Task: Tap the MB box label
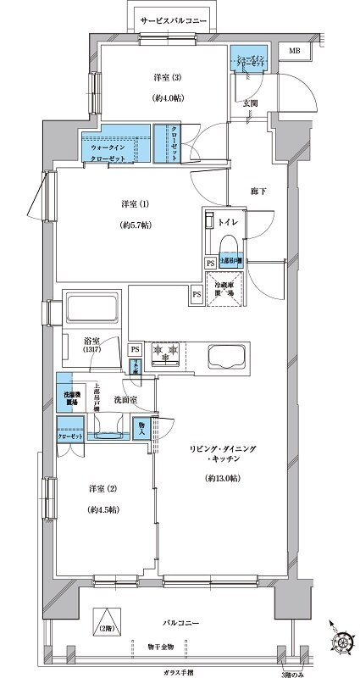294,52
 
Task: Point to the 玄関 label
251,103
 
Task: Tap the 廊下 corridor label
259,192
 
